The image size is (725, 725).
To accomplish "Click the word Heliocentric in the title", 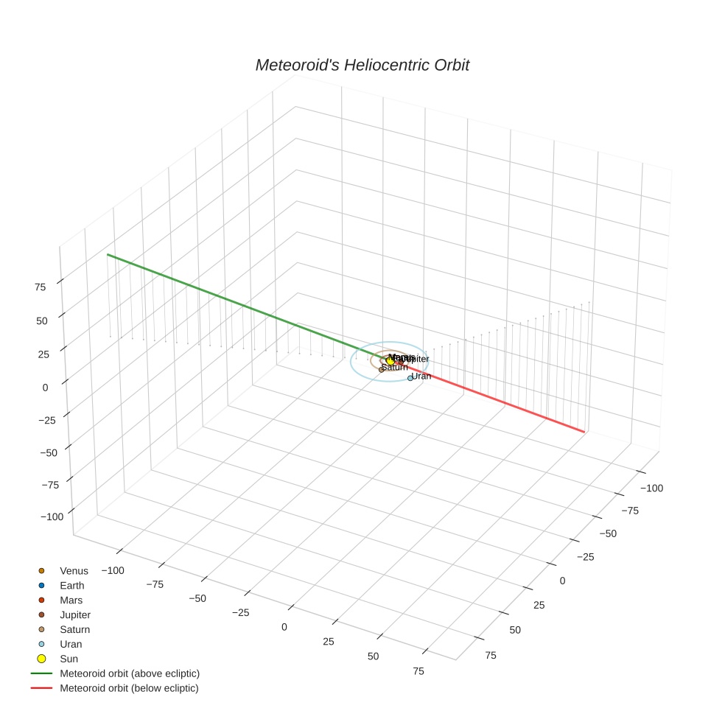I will [x=363, y=66].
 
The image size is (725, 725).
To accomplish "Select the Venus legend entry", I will [x=74, y=570].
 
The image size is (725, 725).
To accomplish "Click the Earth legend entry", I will [x=72, y=585].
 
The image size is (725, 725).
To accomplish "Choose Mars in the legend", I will [x=71, y=600].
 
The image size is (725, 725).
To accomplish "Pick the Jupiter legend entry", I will [x=75, y=614].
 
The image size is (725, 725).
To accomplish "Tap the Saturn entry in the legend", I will [x=74, y=629].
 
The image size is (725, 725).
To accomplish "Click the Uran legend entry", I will [x=71, y=644].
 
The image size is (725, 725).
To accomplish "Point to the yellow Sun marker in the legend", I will [x=41, y=659].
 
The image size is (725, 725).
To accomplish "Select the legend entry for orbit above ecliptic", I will [x=129, y=673].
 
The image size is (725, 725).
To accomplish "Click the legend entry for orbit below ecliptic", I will [x=129, y=688].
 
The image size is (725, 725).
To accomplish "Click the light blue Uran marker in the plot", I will [x=410, y=378].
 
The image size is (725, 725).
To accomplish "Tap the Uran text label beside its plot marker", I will [x=421, y=376].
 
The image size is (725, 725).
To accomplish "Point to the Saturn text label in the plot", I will [x=395, y=367].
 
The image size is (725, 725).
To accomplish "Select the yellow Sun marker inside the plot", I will [x=390, y=361].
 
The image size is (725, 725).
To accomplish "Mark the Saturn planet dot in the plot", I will [x=382, y=369].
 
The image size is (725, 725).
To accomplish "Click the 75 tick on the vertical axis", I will [x=41, y=287].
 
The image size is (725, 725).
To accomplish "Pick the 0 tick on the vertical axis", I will [x=46, y=387].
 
